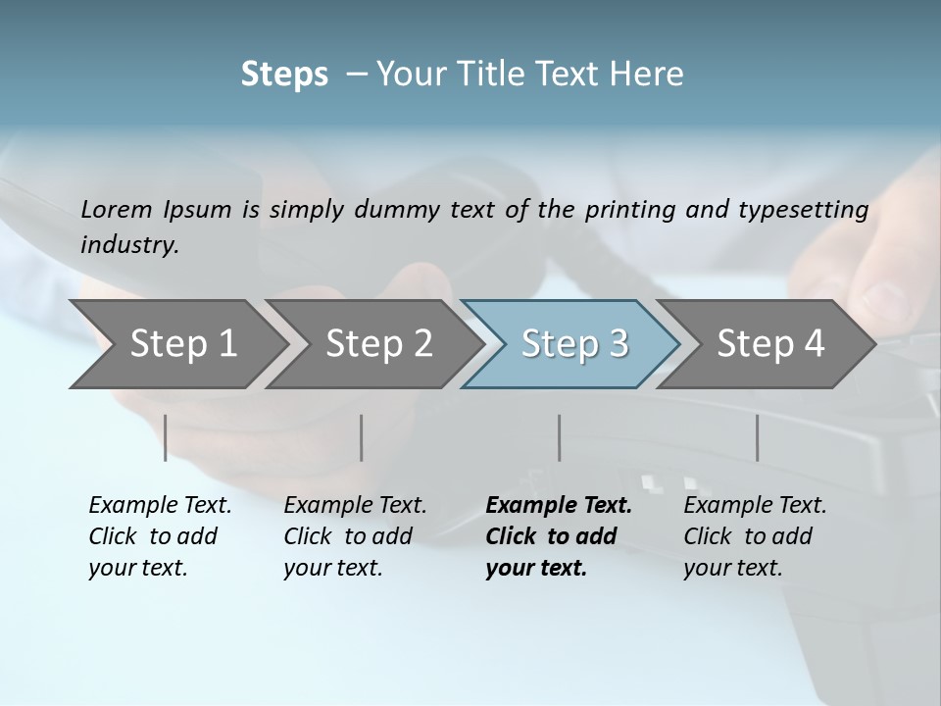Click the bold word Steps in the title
point(284,75)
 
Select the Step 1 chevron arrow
point(181,343)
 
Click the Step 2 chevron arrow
point(378,343)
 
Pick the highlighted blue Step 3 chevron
point(573,343)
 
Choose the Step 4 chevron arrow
point(769,343)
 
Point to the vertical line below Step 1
point(166,437)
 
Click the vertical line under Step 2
point(362,437)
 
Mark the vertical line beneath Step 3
point(559,437)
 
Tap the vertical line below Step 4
point(757,437)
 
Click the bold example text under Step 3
point(558,536)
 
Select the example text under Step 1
point(159,536)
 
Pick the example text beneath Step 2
point(354,536)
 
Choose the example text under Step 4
point(754,536)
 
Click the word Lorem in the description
point(117,210)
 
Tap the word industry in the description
point(128,245)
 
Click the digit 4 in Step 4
point(814,343)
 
